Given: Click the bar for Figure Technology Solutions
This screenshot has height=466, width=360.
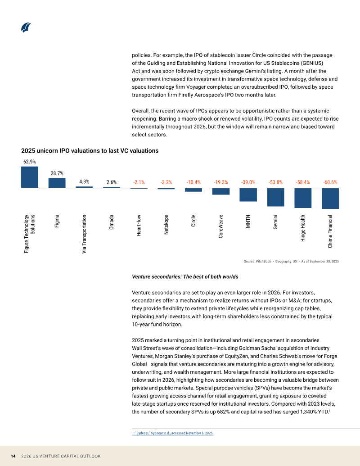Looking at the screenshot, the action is click(x=30, y=177).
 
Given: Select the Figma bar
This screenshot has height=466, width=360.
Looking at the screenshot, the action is click(x=57, y=183).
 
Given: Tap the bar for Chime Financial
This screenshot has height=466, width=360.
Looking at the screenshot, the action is click(x=330, y=198).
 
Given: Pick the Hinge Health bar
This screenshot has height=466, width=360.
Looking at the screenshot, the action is click(x=303, y=198).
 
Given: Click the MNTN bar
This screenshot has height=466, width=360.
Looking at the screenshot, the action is click(x=248, y=195).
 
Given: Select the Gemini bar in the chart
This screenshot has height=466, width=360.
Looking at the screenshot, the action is click(x=276, y=197).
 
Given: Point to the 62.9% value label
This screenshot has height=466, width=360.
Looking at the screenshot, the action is click(x=30, y=162).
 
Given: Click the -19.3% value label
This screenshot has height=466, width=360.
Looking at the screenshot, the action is click(x=221, y=182).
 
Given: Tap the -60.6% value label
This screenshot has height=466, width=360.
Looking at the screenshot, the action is click(x=330, y=182).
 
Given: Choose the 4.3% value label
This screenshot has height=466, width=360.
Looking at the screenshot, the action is click(x=84, y=181).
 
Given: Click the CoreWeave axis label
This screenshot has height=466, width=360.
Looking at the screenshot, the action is click(x=220, y=226).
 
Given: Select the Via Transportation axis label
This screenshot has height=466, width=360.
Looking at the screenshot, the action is click(x=84, y=234).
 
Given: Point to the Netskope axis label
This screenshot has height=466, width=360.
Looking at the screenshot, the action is click(x=166, y=225).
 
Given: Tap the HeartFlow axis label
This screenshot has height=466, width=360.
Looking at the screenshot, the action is click(x=139, y=226).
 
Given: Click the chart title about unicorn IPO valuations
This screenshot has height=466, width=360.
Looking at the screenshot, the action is click(x=90, y=151).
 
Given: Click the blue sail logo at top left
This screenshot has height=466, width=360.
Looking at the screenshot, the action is click(x=26, y=27).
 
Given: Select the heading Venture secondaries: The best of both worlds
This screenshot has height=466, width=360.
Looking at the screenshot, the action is click(x=185, y=277).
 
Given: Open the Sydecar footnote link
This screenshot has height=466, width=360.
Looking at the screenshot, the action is click(x=172, y=433).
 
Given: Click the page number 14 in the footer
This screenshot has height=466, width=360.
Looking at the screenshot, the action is click(x=13, y=456).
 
